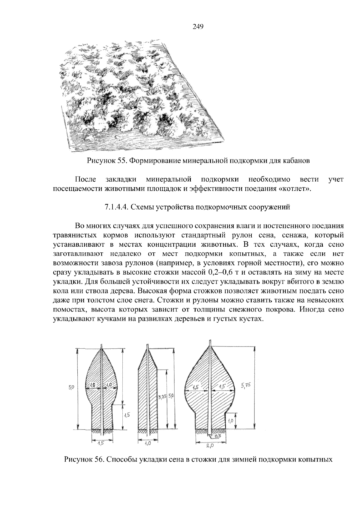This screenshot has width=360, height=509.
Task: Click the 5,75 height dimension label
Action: pyautogui.click(x=246, y=386)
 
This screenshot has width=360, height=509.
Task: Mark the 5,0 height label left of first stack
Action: pyautogui.click(x=71, y=388)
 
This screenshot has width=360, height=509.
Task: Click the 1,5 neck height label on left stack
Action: pyautogui.click(x=127, y=415)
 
